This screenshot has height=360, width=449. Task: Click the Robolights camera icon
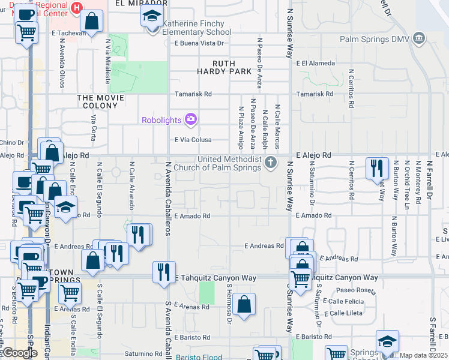click(191, 119)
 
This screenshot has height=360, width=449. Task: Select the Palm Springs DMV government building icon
click(419, 40)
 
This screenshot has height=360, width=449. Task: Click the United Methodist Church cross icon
click(271, 162)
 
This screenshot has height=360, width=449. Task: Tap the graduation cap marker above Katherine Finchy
click(152, 16)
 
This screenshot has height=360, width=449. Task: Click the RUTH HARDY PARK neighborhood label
click(224, 67)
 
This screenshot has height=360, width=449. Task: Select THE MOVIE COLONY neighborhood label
click(100, 101)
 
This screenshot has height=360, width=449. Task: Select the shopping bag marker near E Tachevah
click(92, 22)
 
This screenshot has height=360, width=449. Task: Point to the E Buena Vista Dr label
click(199, 43)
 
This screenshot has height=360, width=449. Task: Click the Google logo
click(20, 353)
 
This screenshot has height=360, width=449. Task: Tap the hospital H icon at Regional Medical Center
click(76, 7)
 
